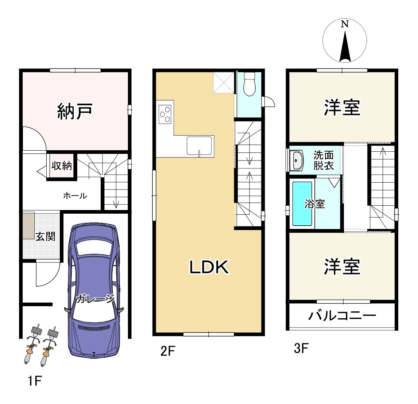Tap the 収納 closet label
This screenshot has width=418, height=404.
61,166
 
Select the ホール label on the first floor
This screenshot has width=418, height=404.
75,196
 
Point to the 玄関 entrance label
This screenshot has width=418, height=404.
46,237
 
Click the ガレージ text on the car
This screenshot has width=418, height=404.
96,299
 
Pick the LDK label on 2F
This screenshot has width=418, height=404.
209,267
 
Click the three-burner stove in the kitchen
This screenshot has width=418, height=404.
165,113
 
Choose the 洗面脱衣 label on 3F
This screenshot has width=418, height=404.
324,160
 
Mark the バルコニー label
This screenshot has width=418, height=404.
342,315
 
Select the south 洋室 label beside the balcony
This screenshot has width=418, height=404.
342,267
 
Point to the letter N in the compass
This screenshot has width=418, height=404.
345,24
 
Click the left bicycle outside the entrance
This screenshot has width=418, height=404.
32,345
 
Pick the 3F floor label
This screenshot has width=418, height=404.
301,349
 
